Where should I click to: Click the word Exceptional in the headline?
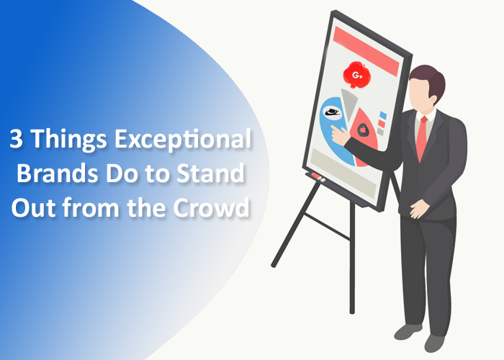point(183,139)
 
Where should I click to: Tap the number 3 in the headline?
point(16,138)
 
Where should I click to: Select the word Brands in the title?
point(58,173)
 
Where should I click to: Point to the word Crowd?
point(212,207)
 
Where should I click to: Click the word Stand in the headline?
point(210,173)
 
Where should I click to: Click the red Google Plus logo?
point(356,75)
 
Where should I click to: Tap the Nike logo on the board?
point(333,112)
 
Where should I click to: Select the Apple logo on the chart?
point(363,130)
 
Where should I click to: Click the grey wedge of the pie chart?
point(349,103)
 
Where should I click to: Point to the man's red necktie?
point(422,138)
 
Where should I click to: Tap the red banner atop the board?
point(366,51)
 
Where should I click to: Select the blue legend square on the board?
point(383,115)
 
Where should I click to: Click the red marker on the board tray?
point(317,176)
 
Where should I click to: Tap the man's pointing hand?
point(340,135)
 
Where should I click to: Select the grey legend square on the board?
point(381,132)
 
